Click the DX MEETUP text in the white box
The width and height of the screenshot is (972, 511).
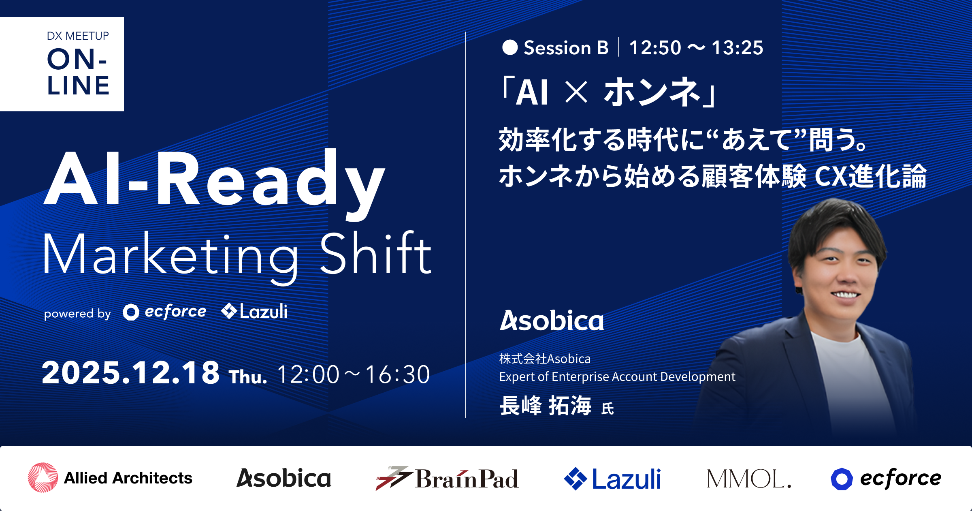[x=78, y=36]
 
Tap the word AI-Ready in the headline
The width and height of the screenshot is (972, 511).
[x=214, y=180]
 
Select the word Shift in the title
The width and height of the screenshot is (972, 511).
[x=376, y=253]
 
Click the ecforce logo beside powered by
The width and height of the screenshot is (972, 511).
[x=164, y=312]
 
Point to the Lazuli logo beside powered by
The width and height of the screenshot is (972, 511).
[x=254, y=311]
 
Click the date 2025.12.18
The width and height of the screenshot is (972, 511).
[x=130, y=373]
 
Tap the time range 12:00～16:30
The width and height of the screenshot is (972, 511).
[x=354, y=374]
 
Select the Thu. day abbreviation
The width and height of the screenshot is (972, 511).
[x=248, y=377]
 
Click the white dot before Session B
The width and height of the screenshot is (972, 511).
[x=510, y=47]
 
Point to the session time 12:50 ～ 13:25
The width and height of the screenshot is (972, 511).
[x=696, y=48]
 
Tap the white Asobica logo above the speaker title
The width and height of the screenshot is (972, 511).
[x=552, y=321]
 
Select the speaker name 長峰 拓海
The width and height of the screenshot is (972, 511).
[x=546, y=405]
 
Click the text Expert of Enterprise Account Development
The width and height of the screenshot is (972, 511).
[x=617, y=376]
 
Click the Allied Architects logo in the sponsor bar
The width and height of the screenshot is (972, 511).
[x=110, y=478]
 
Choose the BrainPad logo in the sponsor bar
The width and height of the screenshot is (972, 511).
[x=447, y=478]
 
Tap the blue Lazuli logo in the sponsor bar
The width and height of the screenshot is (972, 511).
[x=612, y=479]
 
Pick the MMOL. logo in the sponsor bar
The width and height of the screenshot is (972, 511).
[x=749, y=479]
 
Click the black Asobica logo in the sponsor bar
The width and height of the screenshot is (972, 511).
[x=284, y=478]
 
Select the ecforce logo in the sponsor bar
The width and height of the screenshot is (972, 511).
[x=886, y=479]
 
